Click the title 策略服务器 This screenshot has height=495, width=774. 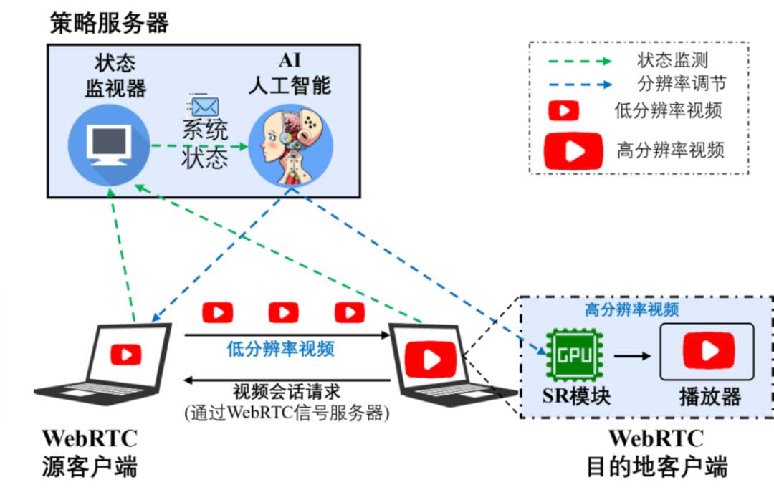pyautogui.click(x=109, y=23)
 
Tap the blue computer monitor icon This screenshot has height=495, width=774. pyautogui.click(x=109, y=145)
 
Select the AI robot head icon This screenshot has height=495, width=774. pyautogui.click(x=291, y=146)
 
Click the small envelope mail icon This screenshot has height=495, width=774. pyautogui.click(x=204, y=105)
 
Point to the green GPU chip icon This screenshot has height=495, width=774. pyautogui.click(x=575, y=355)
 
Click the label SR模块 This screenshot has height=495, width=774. pyautogui.click(x=576, y=396)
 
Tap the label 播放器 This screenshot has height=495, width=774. pyautogui.click(x=709, y=396)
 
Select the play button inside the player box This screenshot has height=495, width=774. pyautogui.click(x=709, y=350)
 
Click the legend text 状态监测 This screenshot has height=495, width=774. pyautogui.click(x=672, y=60)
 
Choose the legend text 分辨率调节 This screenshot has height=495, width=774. pyautogui.click(x=682, y=83)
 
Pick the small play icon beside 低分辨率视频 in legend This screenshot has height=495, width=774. pyautogui.click(x=563, y=110)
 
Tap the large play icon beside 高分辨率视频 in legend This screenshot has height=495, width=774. pyautogui.click(x=573, y=151)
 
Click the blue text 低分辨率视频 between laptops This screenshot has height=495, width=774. pyautogui.click(x=280, y=349)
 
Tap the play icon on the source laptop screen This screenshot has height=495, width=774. pyautogui.click(x=126, y=355)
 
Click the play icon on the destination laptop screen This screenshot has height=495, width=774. pyautogui.click(x=430, y=359)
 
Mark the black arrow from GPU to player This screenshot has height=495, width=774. pyautogui.click(x=633, y=356)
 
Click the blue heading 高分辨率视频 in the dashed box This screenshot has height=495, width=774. pyautogui.click(x=631, y=309)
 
